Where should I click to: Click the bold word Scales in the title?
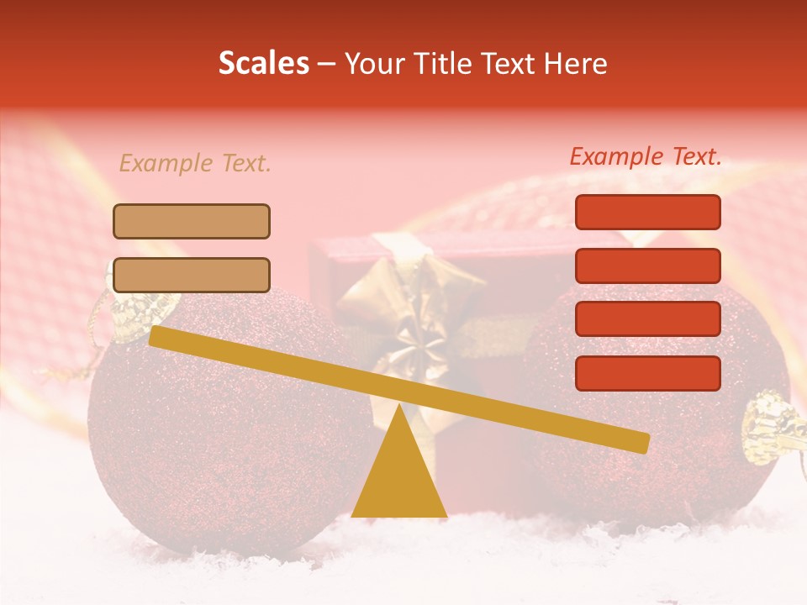(264, 64)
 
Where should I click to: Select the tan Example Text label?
(195, 163)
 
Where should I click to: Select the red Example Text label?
(646, 156)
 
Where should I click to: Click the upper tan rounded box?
(192, 221)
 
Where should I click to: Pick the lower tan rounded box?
(192, 275)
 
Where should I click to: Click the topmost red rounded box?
(647, 212)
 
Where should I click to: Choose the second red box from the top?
(647, 266)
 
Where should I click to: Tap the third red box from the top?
(647, 318)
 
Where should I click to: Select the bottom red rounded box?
(647, 373)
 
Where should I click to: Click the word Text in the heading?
(508, 64)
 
